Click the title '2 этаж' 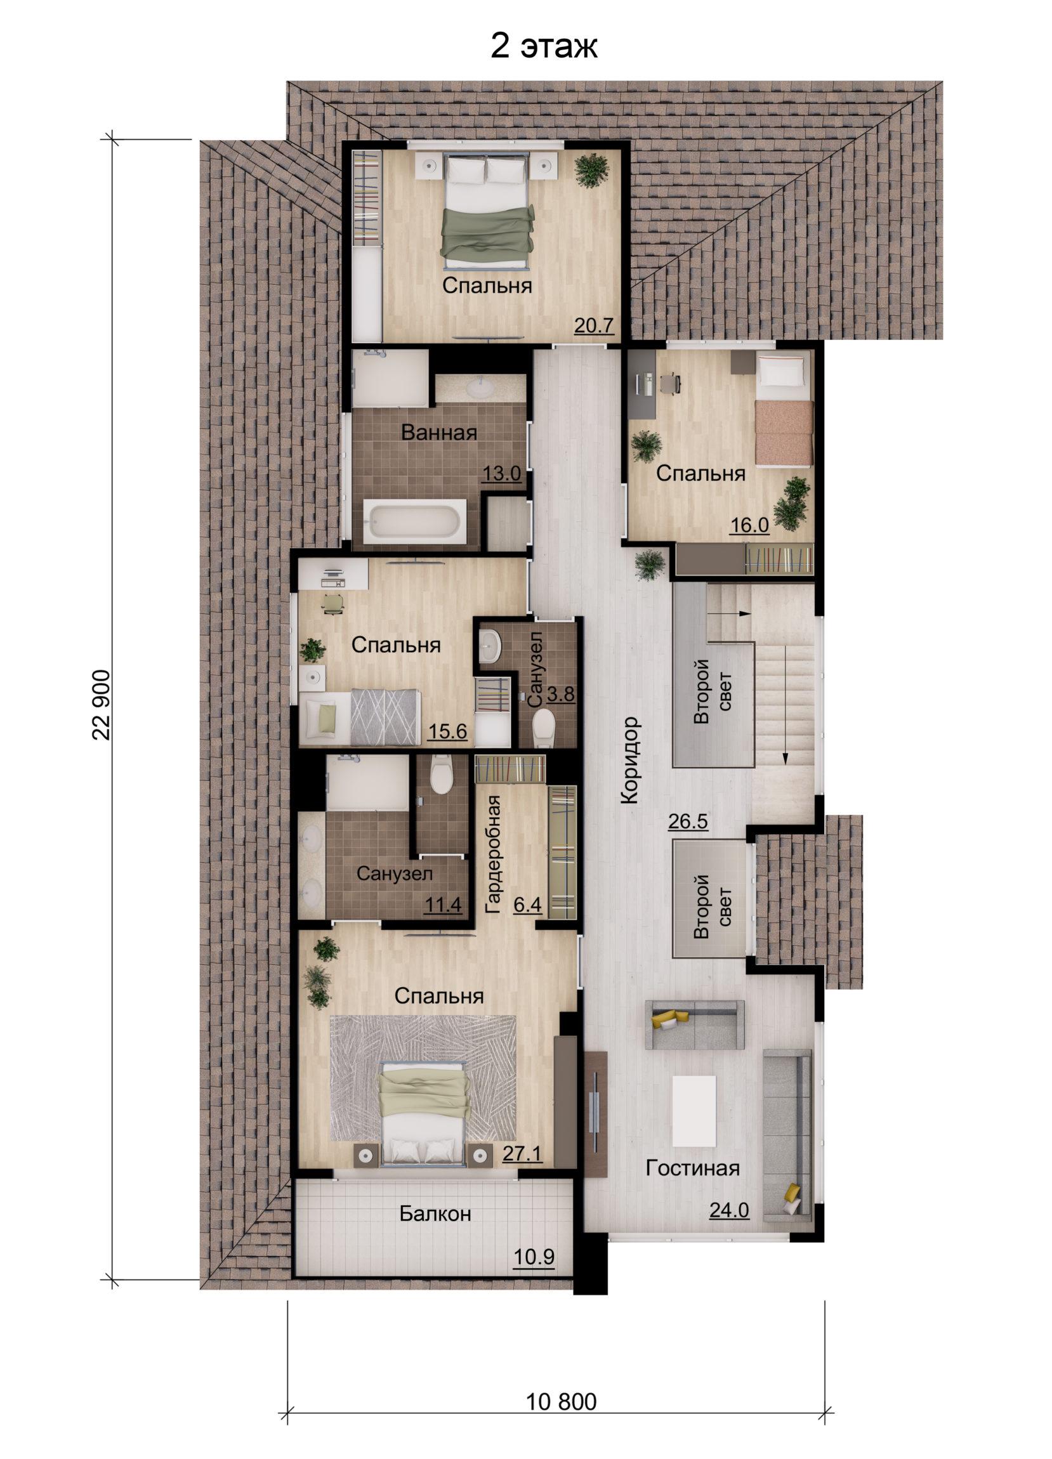click(x=544, y=47)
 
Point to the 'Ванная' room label click(x=439, y=433)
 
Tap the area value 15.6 click(x=448, y=731)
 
